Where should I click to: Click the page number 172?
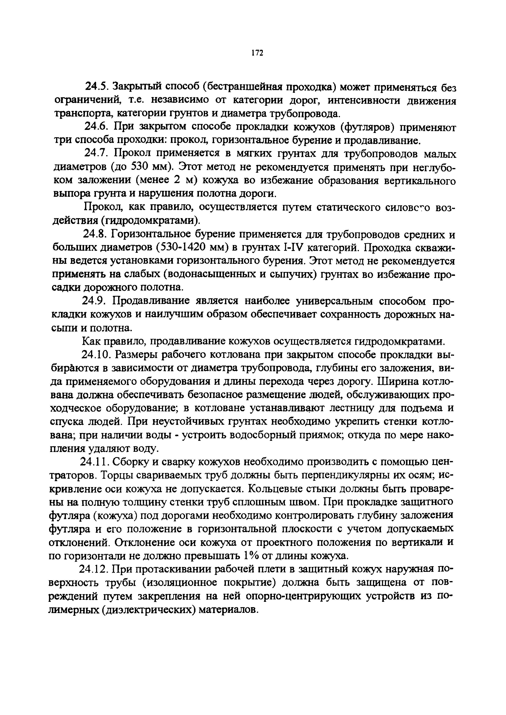point(257,53)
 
